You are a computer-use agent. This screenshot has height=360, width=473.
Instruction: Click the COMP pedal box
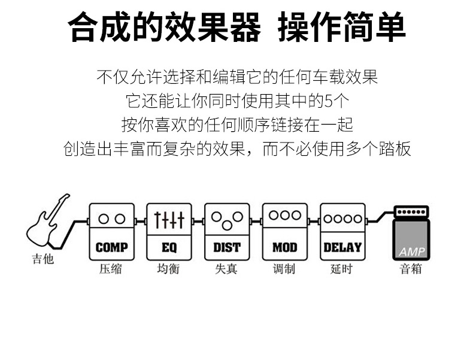point(112,231)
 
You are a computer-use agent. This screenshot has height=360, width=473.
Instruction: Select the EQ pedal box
point(169,231)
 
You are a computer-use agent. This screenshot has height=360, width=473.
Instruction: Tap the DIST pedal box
point(227,231)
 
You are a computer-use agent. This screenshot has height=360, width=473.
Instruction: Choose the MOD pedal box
point(284,231)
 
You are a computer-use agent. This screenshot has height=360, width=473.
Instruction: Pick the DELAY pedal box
point(342,231)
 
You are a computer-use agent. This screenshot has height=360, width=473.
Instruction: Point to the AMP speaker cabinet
point(411,240)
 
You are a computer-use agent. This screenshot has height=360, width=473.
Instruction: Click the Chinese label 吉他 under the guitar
point(43,260)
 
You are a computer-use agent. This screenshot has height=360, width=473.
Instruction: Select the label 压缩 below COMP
point(111,269)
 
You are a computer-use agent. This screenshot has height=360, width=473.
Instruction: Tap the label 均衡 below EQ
point(168,269)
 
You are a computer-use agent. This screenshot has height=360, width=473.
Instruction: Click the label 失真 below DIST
point(226,269)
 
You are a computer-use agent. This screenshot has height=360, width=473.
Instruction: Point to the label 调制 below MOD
point(284,269)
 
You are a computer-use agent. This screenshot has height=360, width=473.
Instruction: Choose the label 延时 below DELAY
point(341,269)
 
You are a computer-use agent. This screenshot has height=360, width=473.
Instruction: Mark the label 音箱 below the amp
point(411,269)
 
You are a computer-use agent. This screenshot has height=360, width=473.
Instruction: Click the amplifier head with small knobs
point(411,212)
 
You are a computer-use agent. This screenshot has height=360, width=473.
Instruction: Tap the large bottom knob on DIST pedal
point(227,225)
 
